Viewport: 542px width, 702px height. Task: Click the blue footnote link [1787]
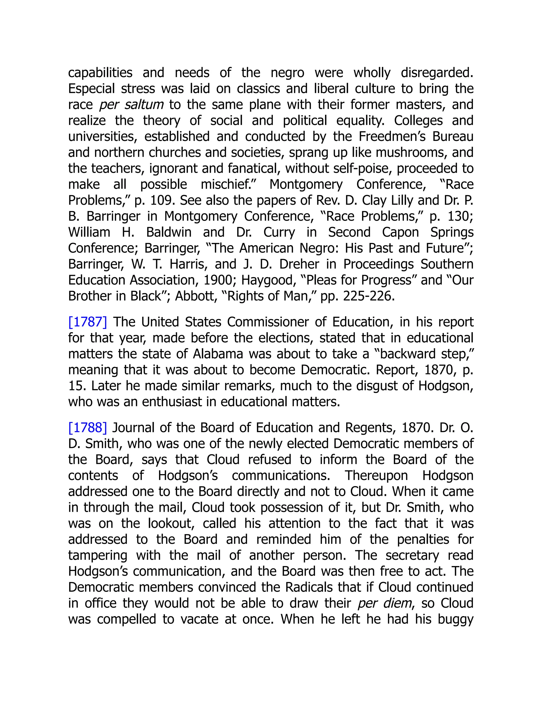coord(87,322)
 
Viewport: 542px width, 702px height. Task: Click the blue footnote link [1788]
coord(87,428)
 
